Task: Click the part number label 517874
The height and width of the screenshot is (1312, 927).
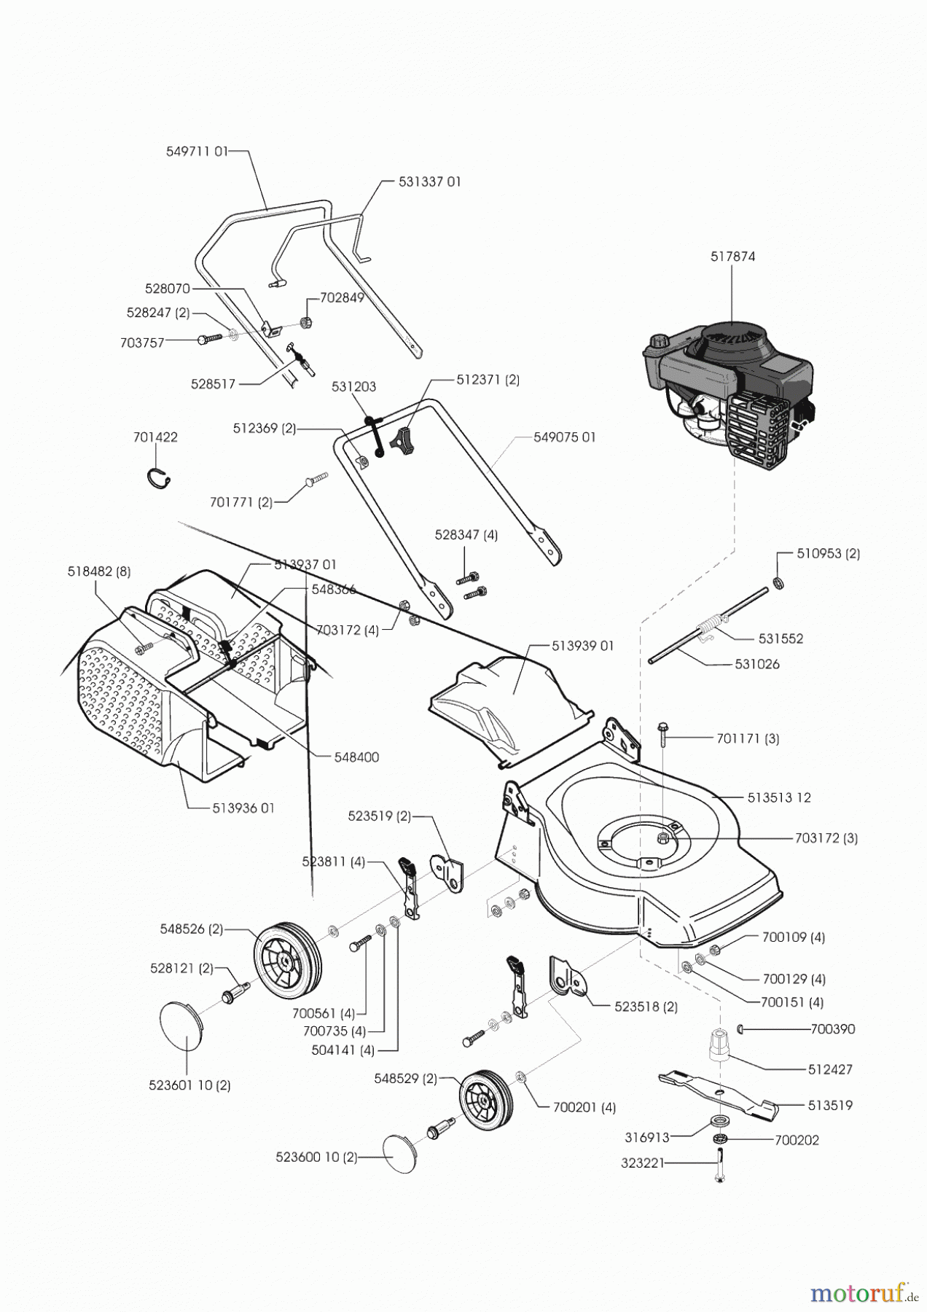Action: [732, 257]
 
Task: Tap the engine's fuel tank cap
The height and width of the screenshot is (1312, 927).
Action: [660, 341]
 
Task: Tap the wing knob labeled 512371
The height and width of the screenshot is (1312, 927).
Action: [402, 440]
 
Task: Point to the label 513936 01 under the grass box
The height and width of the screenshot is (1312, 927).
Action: [243, 808]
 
